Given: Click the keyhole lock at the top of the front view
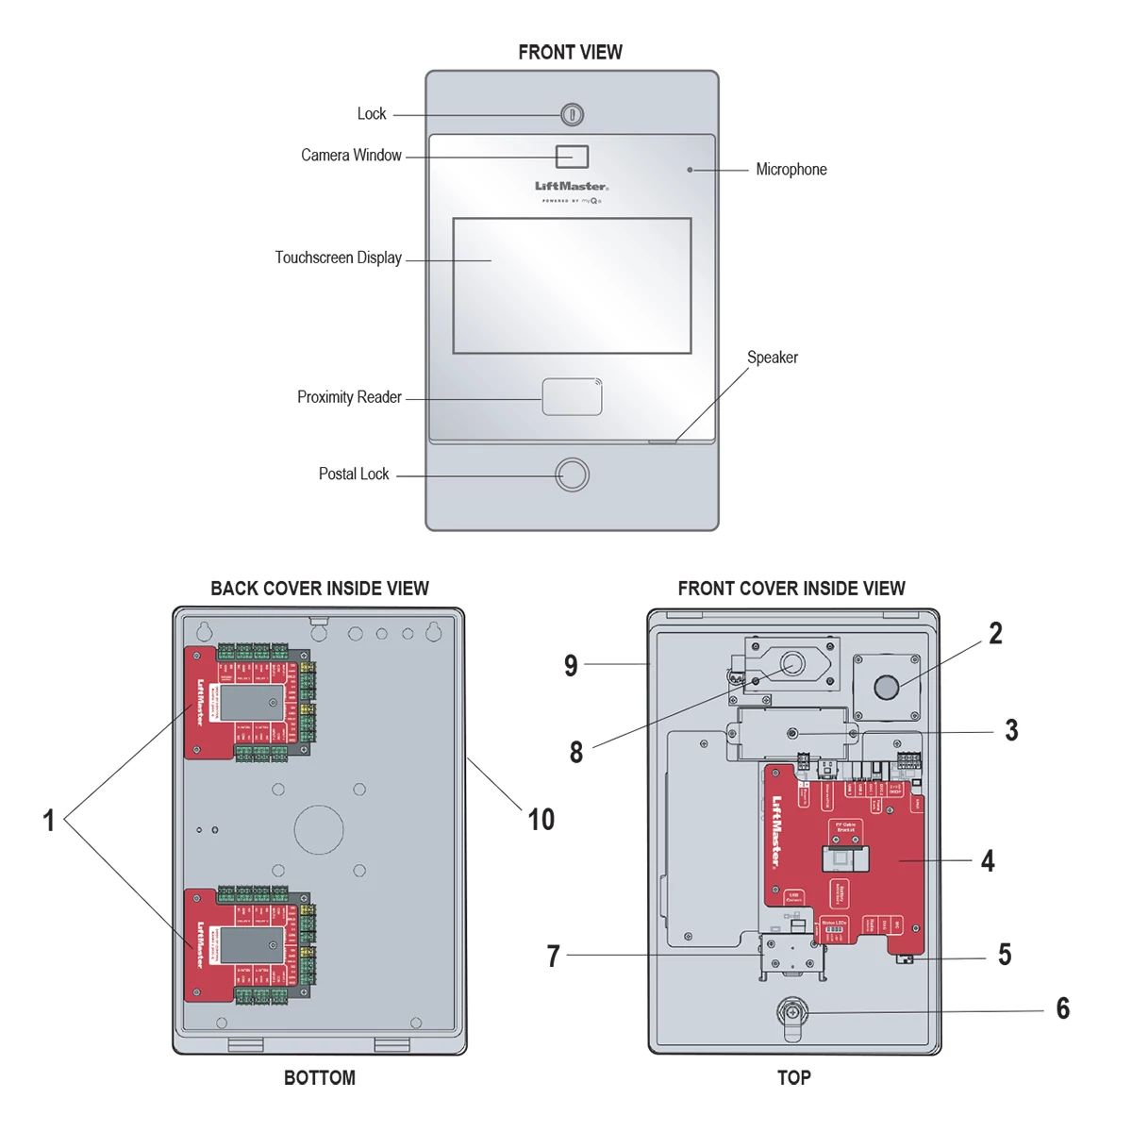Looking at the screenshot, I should [x=572, y=115].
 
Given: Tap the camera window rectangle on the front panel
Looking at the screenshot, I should [x=572, y=157].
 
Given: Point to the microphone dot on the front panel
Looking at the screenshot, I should [x=691, y=170].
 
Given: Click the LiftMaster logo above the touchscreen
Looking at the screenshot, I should [x=572, y=187].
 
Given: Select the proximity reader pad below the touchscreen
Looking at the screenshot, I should [x=572, y=397].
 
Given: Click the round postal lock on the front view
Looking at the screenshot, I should [x=572, y=474].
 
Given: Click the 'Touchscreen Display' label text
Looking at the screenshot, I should [x=338, y=258].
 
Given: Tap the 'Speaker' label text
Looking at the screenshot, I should [x=772, y=358].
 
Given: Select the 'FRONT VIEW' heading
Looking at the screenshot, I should [x=570, y=53].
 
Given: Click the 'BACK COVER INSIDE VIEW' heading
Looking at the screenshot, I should [x=319, y=589].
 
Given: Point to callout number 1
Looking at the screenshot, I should [x=49, y=821].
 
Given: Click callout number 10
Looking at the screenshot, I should [x=541, y=820].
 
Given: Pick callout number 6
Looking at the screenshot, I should [x=1062, y=1008].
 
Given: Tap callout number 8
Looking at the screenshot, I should [x=575, y=752].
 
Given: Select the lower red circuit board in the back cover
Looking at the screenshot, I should [x=247, y=944].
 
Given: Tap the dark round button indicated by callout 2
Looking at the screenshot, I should [x=886, y=687].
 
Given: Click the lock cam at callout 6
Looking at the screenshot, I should [x=791, y=1015].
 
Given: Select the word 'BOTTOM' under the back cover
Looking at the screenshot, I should [x=319, y=1078].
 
